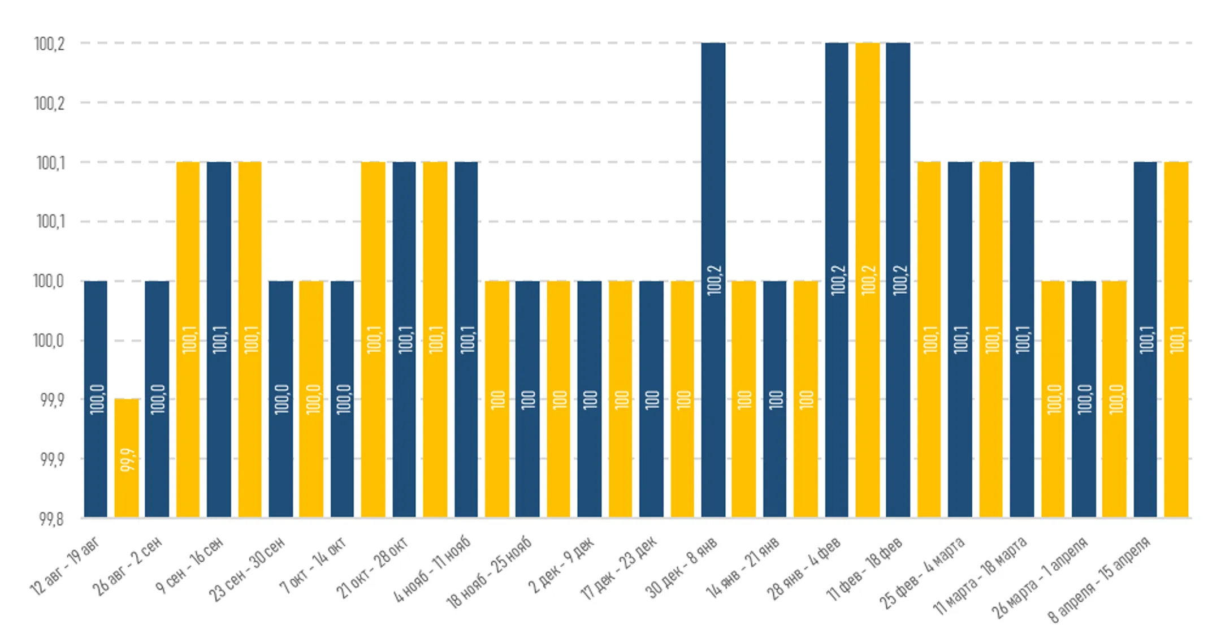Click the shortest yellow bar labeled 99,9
coord(127,458)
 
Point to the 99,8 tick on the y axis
coord(51,519)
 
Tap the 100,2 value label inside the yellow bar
coord(868,280)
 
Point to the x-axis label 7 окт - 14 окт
coord(313,566)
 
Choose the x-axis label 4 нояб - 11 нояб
coord(433,568)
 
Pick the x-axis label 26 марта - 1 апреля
coord(1040,577)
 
